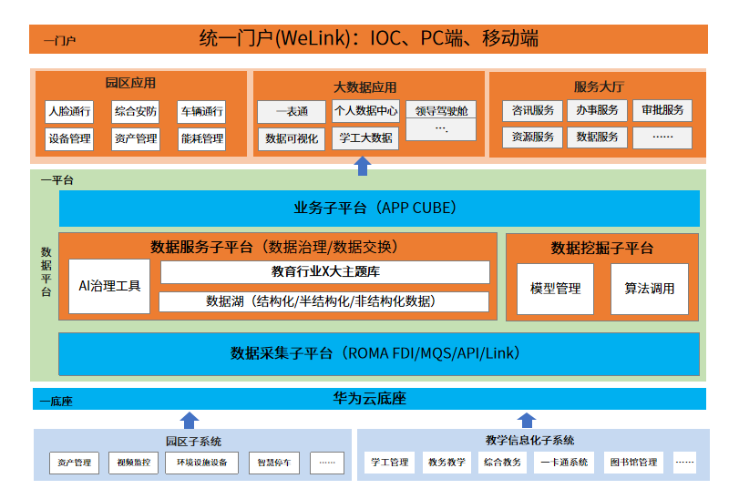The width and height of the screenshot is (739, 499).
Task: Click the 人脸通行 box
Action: (69, 112)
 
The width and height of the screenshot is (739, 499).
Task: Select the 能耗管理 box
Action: (201, 139)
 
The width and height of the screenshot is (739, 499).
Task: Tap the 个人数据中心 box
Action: (365, 111)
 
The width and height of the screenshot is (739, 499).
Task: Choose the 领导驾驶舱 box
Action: (441, 111)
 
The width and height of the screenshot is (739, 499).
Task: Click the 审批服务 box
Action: (662, 110)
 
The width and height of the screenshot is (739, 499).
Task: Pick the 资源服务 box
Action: (532, 137)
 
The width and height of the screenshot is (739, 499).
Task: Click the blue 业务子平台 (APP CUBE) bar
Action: (379, 208)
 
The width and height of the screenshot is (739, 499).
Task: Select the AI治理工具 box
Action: (109, 286)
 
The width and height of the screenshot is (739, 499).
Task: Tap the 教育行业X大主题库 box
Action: (325, 271)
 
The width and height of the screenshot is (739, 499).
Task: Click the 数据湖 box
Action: (325, 301)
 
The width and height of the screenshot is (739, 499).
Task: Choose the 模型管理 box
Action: (555, 289)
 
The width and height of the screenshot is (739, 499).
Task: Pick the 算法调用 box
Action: (649, 289)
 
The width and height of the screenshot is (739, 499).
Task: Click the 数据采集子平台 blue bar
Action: (379, 353)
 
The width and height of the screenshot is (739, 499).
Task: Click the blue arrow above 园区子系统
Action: (189, 420)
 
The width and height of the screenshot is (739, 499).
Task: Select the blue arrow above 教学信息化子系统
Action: (527, 420)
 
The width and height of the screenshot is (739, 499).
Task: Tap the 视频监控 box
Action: (133, 463)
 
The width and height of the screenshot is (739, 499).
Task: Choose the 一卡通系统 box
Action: (565, 463)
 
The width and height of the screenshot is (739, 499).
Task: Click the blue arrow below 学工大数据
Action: (363, 165)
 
